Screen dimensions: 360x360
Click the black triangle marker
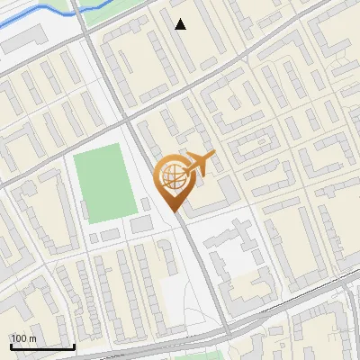pos(181,24)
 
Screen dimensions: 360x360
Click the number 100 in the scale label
pos(18,337)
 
